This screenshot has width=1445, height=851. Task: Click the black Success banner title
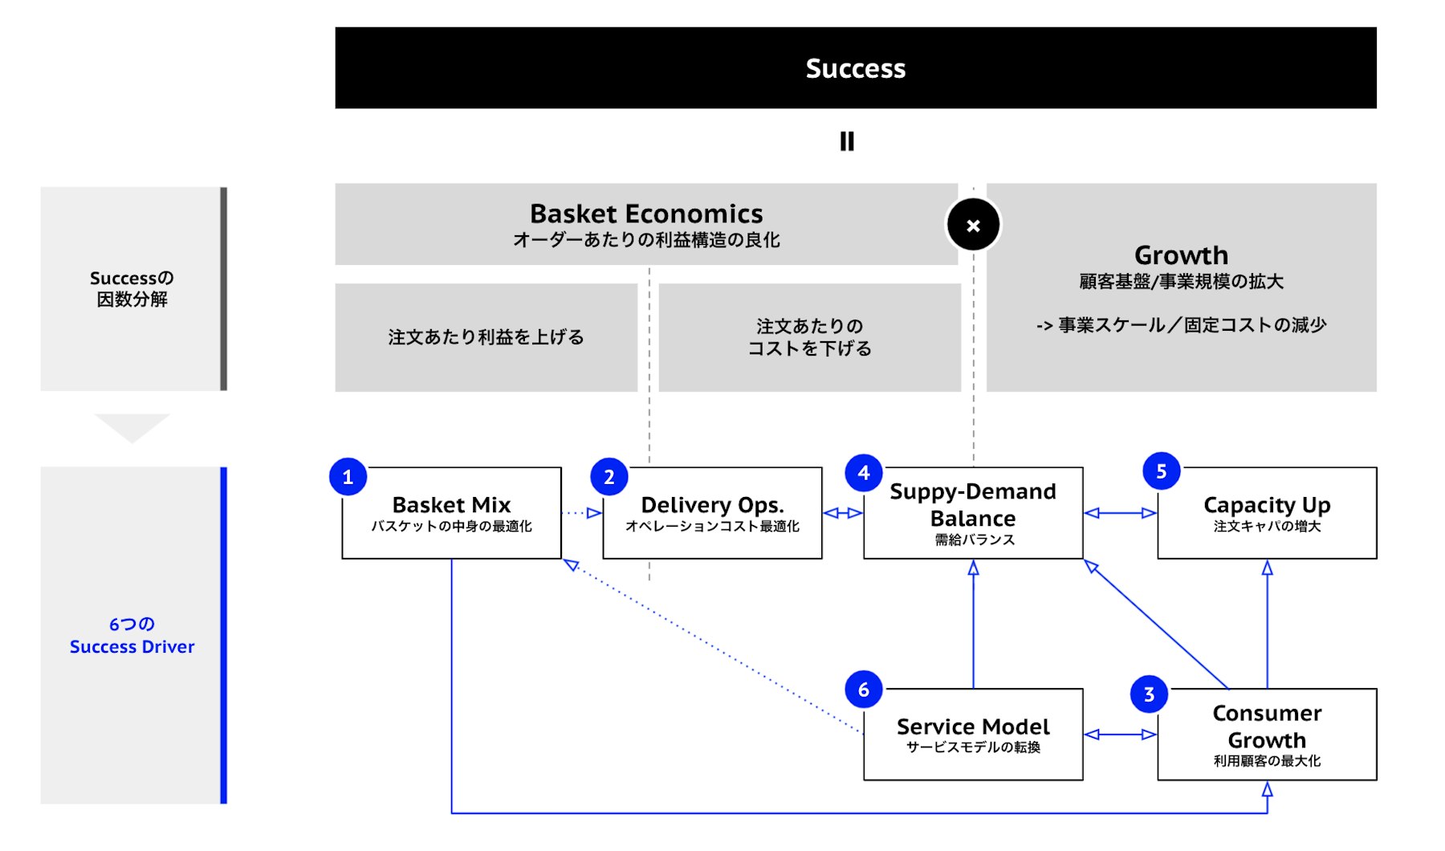855,68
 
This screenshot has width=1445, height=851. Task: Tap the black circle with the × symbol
973,226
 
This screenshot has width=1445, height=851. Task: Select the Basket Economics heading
646,214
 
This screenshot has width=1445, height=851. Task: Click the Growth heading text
1181,255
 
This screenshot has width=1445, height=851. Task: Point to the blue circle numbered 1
348,477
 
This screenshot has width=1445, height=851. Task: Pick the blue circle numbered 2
609,477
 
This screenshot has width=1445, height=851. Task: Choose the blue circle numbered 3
1149,694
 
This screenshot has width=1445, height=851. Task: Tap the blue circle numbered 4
864,473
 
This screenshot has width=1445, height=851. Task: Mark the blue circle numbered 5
1161,471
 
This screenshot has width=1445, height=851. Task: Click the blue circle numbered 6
864,690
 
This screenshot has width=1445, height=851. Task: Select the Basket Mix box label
451,505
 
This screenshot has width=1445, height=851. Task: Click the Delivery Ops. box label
712,505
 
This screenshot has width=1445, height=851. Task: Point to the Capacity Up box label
1267,505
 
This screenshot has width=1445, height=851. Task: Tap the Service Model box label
973,727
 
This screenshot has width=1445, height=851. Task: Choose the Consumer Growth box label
1267,727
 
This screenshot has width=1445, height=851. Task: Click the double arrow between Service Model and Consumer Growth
1120,734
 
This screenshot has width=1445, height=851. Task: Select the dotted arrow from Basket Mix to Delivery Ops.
582,513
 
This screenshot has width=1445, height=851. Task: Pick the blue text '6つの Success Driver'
132,636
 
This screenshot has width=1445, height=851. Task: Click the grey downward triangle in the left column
132,426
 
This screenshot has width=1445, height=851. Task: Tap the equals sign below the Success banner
847,141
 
